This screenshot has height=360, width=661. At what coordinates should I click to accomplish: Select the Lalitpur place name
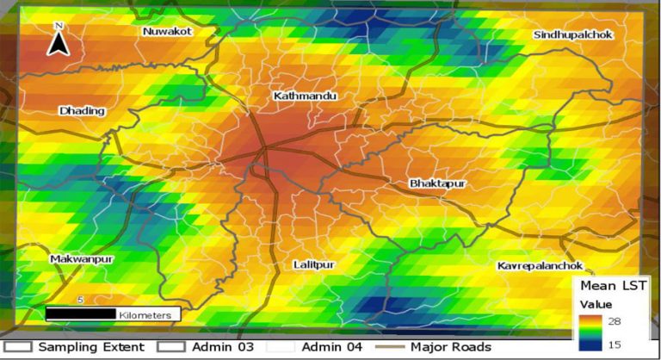[x=313, y=264]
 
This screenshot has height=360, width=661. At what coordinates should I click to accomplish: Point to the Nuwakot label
[x=167, y=32]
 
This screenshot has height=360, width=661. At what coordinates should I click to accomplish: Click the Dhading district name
[x=82, y=111]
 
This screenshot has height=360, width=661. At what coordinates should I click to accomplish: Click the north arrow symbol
[x=58, y=40]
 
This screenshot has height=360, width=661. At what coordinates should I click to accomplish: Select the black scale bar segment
[x=80, y=314]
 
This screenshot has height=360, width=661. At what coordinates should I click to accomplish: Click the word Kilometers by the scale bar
[x=145, y=315]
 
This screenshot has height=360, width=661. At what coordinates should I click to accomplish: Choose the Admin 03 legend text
[x=223, y=347]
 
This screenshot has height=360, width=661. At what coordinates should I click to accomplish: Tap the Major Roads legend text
[x=450, y=347]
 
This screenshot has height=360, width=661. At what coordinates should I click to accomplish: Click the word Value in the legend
[x=595, y=303]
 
